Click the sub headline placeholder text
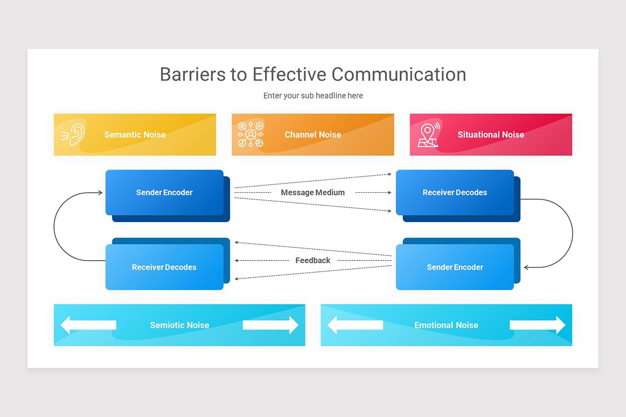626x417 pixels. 313,96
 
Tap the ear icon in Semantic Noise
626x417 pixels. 73,134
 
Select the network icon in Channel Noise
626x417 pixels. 250,134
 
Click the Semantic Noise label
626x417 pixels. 135,134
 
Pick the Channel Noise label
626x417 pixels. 313,134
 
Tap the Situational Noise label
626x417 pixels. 491,134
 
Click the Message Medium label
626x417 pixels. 313,192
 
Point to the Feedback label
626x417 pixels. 313,260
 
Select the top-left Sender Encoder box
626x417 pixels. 164,192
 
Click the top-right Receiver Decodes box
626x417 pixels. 455,192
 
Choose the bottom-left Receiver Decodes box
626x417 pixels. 164,267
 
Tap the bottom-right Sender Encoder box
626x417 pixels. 455,267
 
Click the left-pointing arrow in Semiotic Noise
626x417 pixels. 88,325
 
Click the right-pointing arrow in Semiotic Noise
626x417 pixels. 271,325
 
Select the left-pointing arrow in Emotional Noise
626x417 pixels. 355,325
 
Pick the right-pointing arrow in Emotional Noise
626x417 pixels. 537,325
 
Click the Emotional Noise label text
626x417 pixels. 446,325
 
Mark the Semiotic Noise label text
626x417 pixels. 179,325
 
